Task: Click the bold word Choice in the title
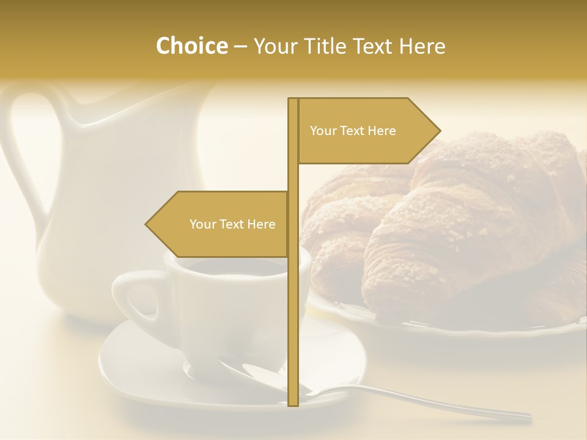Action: click(191, 46)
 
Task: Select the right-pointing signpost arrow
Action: click(367, 131)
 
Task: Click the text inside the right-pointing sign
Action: click(353, 131)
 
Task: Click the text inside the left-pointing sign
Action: click(232, 224)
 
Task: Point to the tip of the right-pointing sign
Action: click(438, 130)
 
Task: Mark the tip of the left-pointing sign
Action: click(147, 224)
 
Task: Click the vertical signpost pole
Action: click(293, 306)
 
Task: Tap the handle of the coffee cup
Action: click(131, 299)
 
